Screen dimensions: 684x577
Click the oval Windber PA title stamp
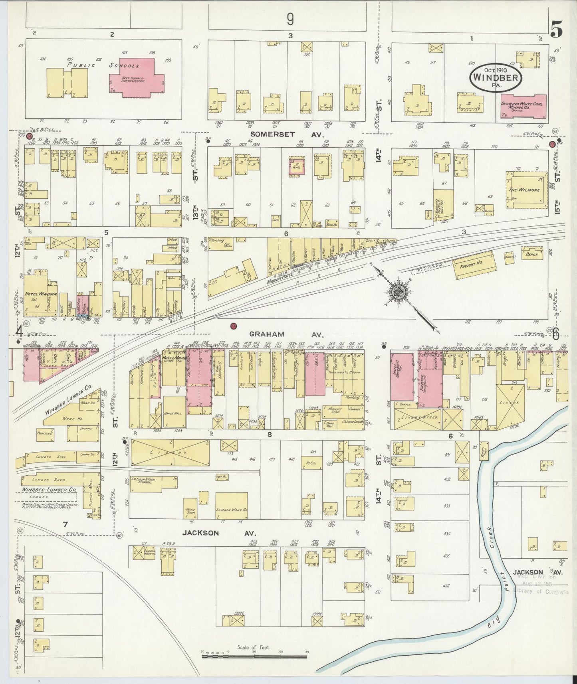(495, 77)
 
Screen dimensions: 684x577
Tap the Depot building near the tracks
(532, 253)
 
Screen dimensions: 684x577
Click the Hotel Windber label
(41, 294)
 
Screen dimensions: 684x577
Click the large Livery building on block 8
(169, 453)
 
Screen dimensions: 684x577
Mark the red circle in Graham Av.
(234, 326)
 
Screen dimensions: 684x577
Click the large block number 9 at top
(290, 18)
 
